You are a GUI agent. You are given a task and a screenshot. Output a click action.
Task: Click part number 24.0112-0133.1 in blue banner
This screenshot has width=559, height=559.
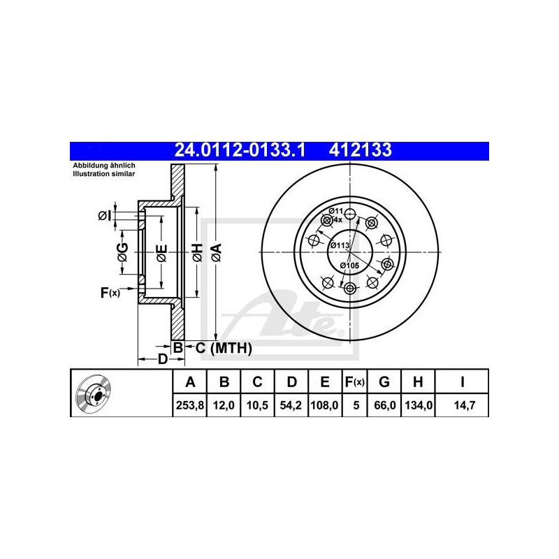240,150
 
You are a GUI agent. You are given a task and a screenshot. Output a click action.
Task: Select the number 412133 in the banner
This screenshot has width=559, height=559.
361,150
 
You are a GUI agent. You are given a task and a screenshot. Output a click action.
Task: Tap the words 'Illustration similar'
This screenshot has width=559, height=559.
104,174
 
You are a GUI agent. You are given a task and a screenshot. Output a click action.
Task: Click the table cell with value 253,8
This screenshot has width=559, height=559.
189,405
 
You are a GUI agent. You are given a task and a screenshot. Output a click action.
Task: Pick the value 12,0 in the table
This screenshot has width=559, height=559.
224,405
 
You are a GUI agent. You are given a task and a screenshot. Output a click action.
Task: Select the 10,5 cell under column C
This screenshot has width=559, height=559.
257,405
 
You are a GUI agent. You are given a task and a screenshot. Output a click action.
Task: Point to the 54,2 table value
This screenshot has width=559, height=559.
291,405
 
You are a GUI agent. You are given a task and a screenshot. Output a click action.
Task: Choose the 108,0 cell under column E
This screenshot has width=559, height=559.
325,405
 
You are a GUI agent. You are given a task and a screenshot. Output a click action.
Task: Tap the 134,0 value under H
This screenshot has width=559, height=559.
419,405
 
